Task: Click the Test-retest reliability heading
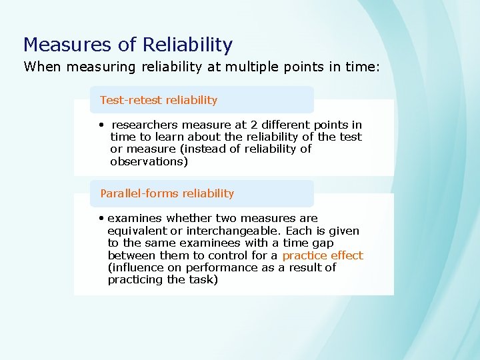[159, 100]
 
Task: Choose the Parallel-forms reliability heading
[167, 193]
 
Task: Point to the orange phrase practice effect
[323, 255]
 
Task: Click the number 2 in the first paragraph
[265, 125]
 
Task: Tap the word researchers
[145, 125]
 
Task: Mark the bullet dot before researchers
[100, 125]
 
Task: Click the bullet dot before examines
[100, 218]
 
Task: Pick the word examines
[135, 218]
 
